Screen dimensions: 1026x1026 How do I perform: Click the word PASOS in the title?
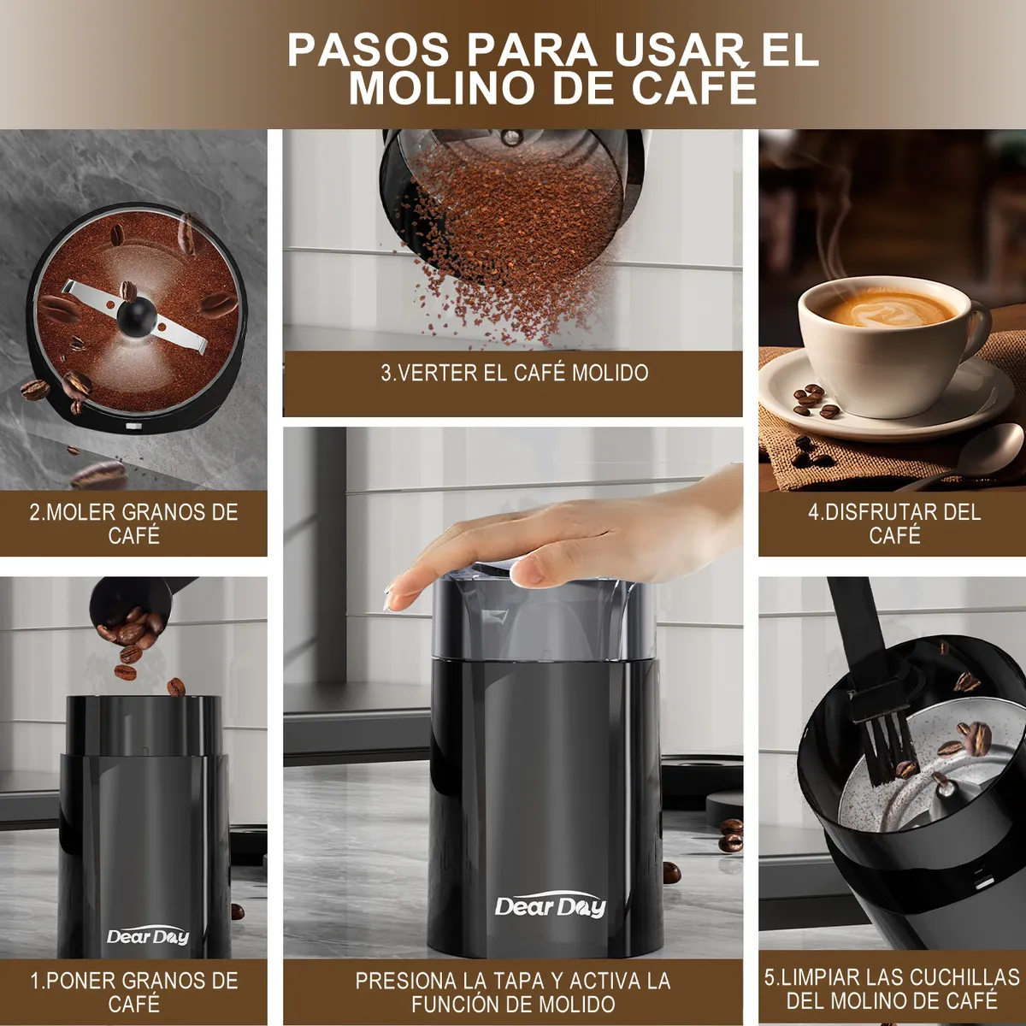369,50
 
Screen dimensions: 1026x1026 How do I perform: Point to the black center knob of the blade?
136,314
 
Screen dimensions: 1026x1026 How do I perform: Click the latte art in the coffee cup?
890,310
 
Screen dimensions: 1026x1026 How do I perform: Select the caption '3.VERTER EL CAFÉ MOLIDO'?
515,374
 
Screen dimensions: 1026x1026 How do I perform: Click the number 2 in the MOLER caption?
34,512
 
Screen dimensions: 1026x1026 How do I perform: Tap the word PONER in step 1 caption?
78,981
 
